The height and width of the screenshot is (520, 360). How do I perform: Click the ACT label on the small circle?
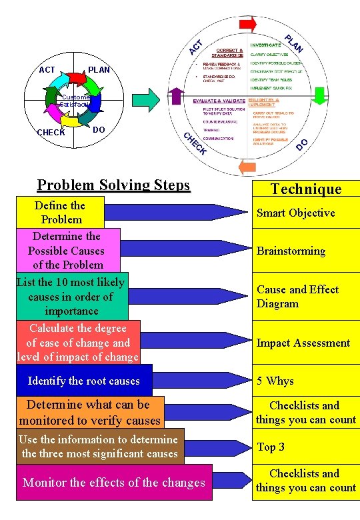coord(47,70)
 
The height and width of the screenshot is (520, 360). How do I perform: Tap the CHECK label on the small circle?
coord(51,132)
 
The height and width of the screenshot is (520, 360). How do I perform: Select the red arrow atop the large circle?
coord(247,25)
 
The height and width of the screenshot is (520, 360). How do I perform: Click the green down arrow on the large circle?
coord(320,96)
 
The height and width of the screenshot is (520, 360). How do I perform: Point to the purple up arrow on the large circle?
coord(177,96)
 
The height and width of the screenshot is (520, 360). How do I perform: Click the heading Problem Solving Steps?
coord(113,185)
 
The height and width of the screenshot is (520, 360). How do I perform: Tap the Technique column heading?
coord(306,189)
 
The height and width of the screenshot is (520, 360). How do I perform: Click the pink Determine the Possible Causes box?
coord(67,250)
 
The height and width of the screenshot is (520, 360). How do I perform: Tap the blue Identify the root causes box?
coord(83,381)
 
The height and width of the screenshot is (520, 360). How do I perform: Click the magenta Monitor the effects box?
coord(113,482)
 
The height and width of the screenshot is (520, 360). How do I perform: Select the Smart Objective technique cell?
coord(305,213)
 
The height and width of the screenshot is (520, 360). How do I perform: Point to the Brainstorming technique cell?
coord(305,251)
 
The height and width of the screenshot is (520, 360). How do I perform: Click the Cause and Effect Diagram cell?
coord(305,297)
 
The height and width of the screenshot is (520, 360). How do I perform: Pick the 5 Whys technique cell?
coord(305,381)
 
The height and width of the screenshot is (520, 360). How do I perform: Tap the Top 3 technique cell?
coord(305,447)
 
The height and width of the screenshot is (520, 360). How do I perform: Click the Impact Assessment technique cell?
coord(305,343)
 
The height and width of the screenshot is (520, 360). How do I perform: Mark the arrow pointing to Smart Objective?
coord(177,212)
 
